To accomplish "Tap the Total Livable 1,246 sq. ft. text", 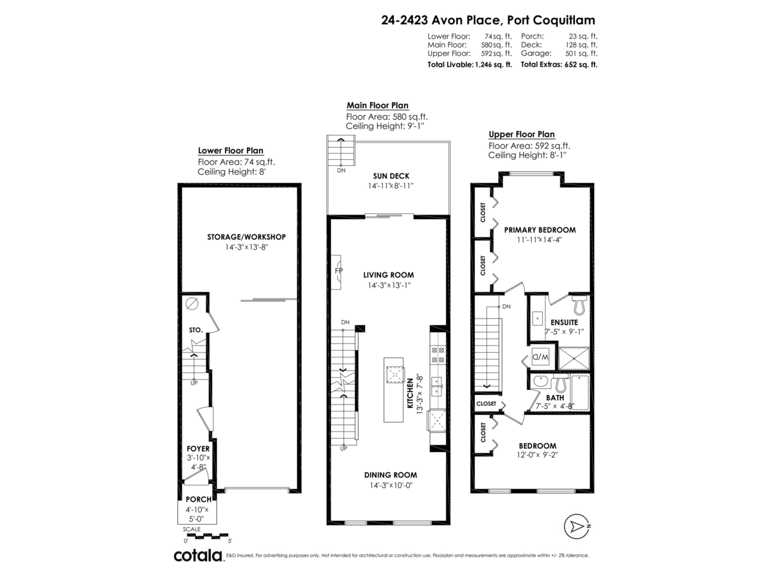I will tap(470, 65).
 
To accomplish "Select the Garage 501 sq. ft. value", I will tap(559, 54).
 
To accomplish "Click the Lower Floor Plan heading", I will tap(230, 151).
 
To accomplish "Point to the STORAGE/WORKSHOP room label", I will tap(246, 237).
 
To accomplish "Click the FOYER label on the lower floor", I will tap(198, 448).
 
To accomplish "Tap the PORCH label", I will tap(198, 499).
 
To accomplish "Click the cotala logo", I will tap(198, 556).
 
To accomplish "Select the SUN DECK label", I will tap(391, 176).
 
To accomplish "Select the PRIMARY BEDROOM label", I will tap(540, 230).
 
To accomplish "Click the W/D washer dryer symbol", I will tap(539, 357).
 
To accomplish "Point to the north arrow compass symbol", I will tap(576, 527).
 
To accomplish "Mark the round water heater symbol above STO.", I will tap(191, 304).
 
